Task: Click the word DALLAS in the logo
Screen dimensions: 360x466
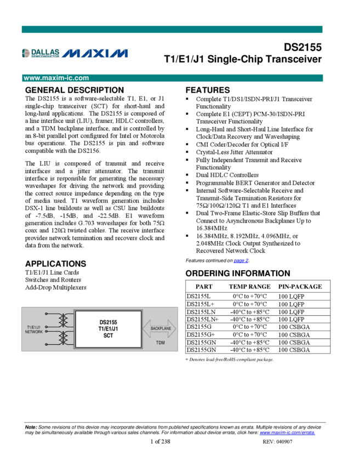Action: point(45,52)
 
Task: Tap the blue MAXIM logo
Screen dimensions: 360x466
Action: point(94,53)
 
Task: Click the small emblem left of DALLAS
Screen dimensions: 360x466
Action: point(26,53)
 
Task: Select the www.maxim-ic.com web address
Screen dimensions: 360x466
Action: point(56,78)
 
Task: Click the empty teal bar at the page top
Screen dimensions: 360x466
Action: point(172,29)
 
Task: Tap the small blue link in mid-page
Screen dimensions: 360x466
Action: point(241,261)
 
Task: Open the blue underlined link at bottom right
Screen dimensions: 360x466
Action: point(287,433)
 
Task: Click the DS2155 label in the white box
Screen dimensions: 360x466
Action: point(108,322)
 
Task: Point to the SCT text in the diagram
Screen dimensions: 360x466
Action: point(108,336)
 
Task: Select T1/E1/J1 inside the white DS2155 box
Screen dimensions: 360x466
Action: point(108,329)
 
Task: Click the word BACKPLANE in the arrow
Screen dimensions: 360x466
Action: point(161,328)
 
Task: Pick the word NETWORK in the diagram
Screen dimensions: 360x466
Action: point(34,332)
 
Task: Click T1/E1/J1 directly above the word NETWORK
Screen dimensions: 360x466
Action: point(34,327)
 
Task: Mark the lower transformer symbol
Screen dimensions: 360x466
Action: point(64,338)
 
